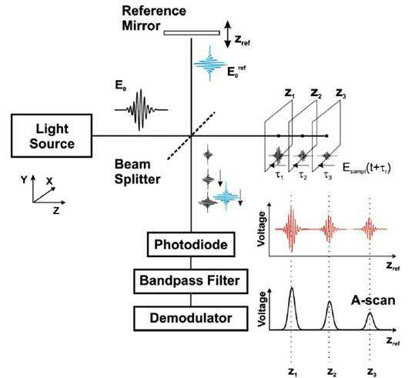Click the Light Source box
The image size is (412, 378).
[52, 135]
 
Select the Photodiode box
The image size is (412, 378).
[191, 245]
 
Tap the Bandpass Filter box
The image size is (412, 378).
[191, 281]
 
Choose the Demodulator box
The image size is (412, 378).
[191, 318]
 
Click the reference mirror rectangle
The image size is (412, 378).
[192, 33]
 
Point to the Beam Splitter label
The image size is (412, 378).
[137, 172]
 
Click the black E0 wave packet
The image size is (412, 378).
[141, 110]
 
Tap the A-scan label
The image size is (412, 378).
[373, 300]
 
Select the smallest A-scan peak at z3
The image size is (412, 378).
[370, 321]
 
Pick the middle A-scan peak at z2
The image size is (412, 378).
[330, 315]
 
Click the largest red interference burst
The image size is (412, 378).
[291, 229]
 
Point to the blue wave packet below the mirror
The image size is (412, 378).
[210, 64]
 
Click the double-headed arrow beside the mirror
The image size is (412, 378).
[228, 35]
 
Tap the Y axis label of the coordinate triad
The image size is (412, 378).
[24, 180]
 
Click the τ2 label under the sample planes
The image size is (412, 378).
[303, 176]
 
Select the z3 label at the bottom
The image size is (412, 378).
[372, 372]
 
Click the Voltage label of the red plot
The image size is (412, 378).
[261, 229]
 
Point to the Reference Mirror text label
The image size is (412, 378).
[154, 18]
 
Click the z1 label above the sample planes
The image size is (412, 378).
[290, 94]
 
